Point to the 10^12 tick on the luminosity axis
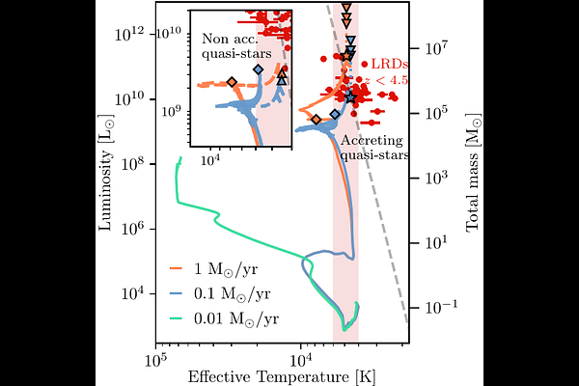pos(132,34)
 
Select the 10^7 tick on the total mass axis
pos(430,47)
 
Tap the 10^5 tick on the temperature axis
pos(155,358)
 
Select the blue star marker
pos(350,96)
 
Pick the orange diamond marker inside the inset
pos(232,83)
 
